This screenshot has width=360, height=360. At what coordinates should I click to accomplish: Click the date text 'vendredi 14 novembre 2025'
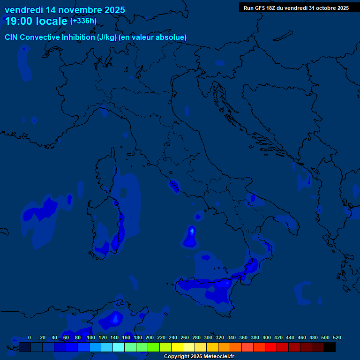click(65, 10)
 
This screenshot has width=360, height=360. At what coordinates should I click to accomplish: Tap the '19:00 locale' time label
click(36, 21)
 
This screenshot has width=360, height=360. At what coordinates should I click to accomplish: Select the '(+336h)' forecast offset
click(83, 21)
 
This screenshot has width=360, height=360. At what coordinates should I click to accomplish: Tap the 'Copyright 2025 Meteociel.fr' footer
click(199, 357)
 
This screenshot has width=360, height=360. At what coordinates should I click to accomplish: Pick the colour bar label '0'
click(30, 337)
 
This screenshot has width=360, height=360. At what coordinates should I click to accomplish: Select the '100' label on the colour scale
click(91, 337)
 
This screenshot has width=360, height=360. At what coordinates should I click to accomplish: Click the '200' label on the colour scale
click(150, 337)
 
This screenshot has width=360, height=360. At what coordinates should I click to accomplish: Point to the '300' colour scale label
click(208, 337)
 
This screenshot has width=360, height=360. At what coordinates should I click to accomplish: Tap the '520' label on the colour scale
click(337, 337)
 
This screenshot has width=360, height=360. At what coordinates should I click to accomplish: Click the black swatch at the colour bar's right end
click(330, 347)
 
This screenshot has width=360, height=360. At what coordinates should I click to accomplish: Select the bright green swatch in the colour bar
click(154, 347)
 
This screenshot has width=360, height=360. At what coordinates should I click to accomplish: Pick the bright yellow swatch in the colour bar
click(177, 347)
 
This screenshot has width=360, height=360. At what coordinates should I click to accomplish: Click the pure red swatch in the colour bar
click(271, 347)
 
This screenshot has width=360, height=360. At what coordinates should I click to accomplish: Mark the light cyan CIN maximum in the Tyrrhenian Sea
click(191, 231)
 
